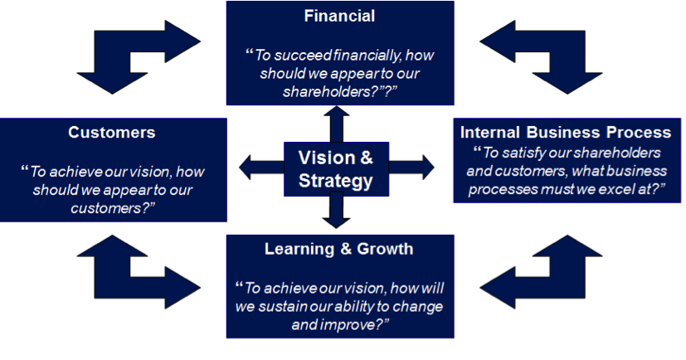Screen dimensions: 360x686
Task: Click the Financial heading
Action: pos(339,16)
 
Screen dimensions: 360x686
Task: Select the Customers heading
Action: pos(111,132)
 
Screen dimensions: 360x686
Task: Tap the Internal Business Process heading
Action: pos(566,132)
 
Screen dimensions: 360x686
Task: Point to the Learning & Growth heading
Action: pos(338,249)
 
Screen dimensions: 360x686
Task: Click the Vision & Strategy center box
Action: pos(336,168)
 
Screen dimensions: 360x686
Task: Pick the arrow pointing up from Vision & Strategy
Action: pos(336,124)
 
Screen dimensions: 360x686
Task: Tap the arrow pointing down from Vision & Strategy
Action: pos(336,212)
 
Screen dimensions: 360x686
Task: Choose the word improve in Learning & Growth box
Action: pos(352,325)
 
